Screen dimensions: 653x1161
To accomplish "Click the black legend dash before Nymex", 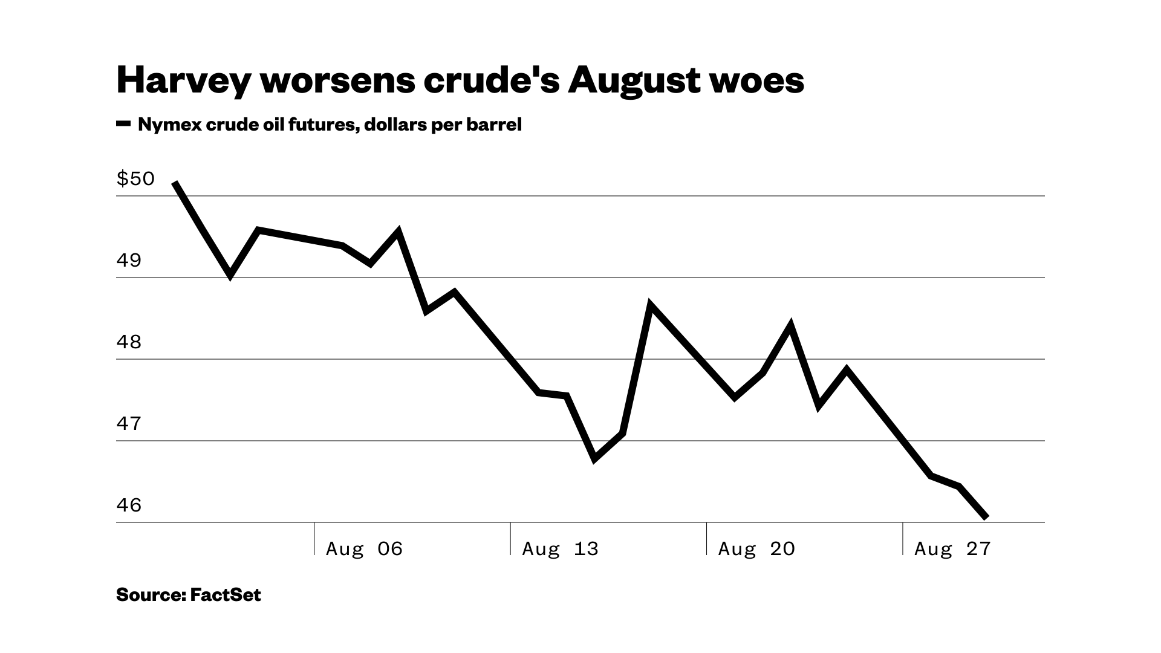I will pos(123,124).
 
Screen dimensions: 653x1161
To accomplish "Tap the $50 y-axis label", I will pos(135,179).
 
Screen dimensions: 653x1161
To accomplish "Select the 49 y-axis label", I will pos(129,261).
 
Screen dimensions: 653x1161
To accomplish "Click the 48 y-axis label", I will pos(129,342).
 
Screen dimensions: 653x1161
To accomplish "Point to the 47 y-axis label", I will pos(129,424).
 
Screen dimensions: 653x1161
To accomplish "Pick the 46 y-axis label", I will pos(129,505).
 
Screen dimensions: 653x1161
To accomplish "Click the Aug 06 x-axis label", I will pos(364,549).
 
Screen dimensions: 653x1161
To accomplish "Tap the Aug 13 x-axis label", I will pos(560,549).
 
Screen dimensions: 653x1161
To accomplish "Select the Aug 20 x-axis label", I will pos(756,549).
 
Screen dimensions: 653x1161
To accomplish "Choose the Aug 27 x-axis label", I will pos(952,549).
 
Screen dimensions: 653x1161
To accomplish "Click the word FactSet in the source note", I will pos(226,595).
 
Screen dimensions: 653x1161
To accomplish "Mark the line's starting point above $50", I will pos(175,183).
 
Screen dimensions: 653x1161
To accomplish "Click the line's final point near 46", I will pos(987,518).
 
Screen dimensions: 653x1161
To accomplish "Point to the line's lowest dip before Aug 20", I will pos(595,458).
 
